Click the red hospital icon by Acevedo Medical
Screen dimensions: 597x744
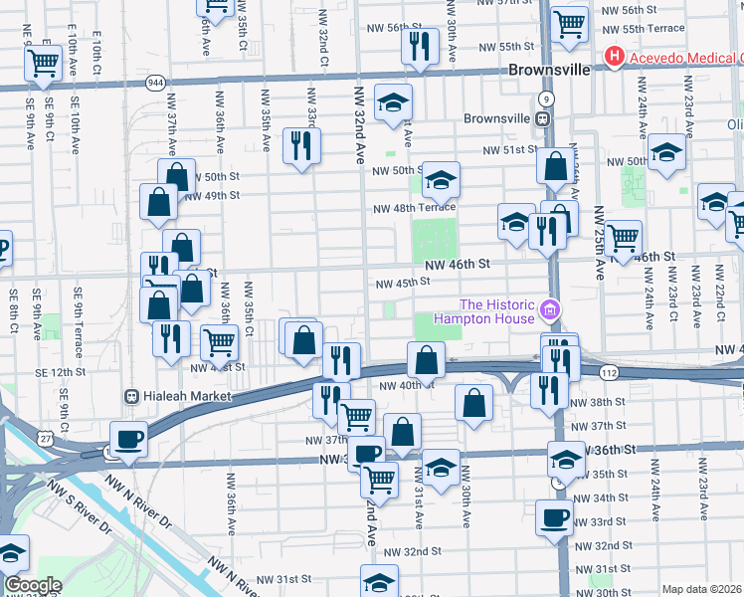(615, 58)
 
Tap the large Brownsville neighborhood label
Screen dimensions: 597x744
(549, 71)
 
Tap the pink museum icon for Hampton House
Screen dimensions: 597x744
(549, 311)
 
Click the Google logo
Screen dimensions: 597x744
(33, 584)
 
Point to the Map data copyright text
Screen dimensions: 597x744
(701, 589)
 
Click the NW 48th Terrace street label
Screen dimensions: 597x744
(414, 208)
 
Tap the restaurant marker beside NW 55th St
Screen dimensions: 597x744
(420, 45)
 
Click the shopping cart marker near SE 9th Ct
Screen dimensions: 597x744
(44, 63)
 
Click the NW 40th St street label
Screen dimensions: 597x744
(407, 385)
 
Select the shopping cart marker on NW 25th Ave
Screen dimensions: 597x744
(623, 239)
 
